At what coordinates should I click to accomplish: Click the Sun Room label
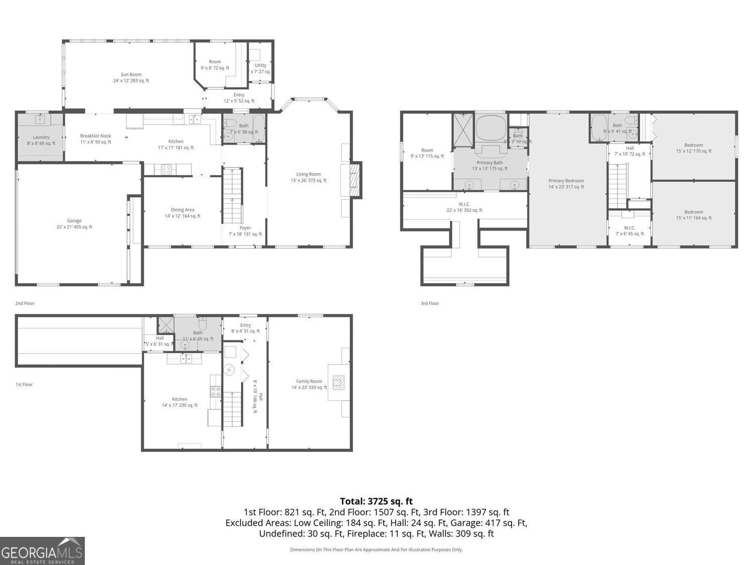[x=131, y=77]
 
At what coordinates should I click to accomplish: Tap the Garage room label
[x=74, y=223]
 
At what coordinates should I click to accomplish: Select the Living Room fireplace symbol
[x=355, y=180]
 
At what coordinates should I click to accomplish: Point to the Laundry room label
[x=41, y=140]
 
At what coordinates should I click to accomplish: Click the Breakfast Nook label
[x=95, y=139]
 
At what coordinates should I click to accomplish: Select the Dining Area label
[x=182, y=213]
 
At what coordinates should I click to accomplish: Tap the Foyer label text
[x=245, y=231]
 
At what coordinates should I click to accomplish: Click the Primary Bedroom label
[x=566, y=184]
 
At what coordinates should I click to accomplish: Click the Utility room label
[x=261, y=68]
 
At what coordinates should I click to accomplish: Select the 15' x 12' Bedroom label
[x=694, y=148]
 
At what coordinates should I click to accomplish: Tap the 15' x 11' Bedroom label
[x=694, y=215]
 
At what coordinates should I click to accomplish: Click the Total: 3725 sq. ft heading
[x=376, y=501]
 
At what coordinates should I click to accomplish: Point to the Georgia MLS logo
[x=42, y=551]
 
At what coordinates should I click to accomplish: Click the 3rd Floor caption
[x=430, y=303]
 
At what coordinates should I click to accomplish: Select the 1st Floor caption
[x=24, y=385]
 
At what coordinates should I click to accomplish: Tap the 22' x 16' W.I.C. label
[x=464, y=207]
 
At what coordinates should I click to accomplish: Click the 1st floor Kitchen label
[x=179, y=402]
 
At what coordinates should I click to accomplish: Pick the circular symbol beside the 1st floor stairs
[x=229, y=370]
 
